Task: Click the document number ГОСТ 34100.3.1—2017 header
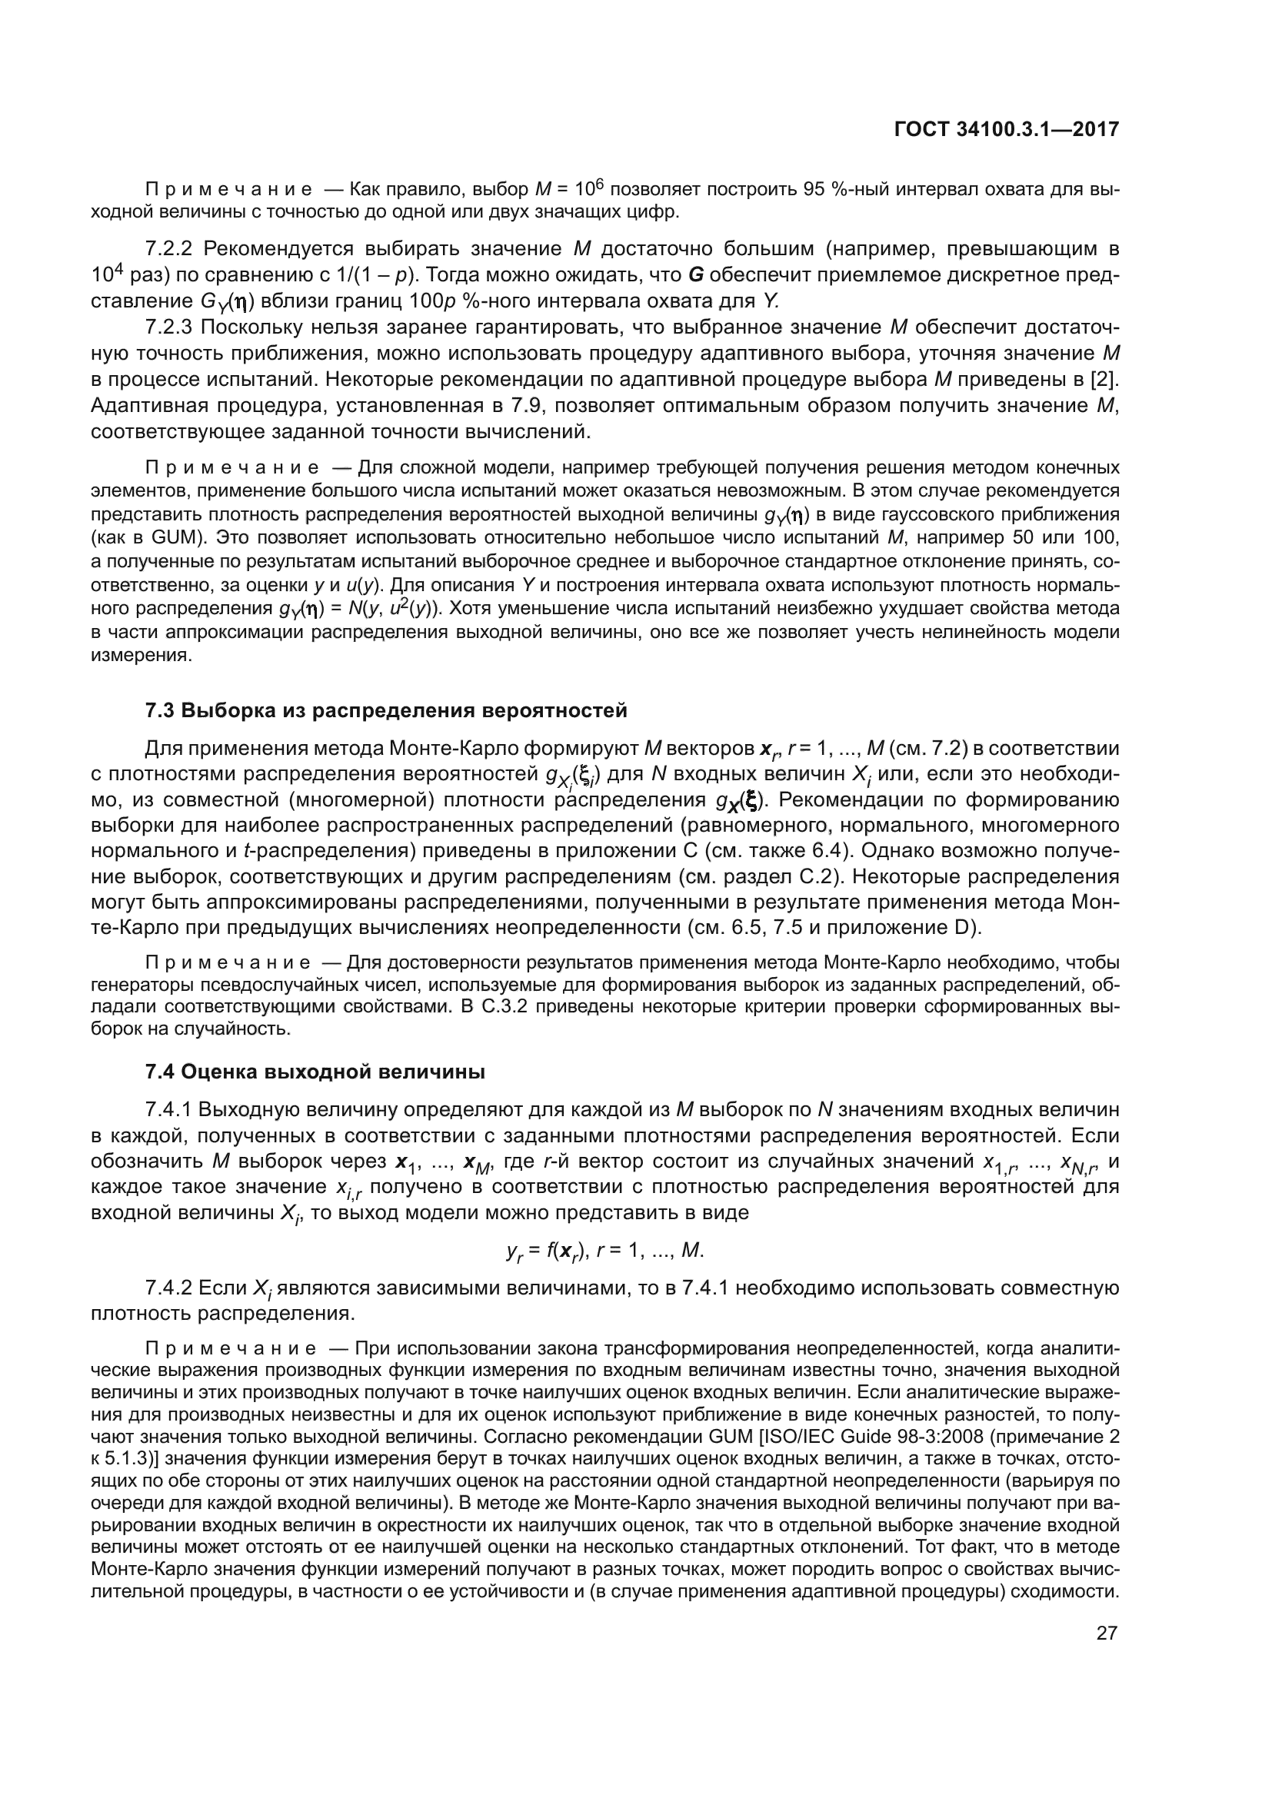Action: tap(1007, 129)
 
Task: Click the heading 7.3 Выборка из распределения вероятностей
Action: tap(386, 710)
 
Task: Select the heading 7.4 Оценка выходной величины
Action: tap(315, 1072)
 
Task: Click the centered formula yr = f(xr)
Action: tap(604, 1251)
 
